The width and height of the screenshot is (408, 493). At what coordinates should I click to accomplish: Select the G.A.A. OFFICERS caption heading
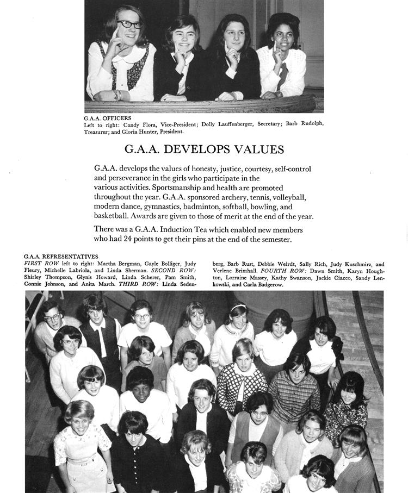point(107,118)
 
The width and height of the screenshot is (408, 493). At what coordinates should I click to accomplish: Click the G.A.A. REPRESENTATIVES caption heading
point(61,256)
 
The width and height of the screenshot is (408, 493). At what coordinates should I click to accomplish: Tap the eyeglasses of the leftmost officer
point(129,24)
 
